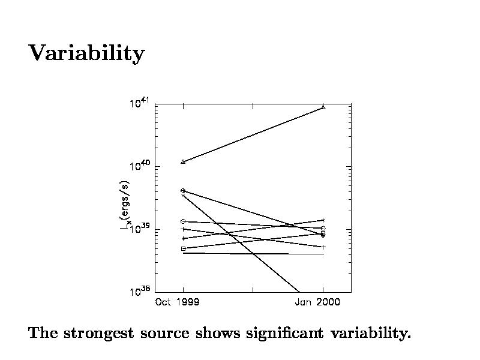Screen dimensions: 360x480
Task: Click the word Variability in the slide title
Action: pyautogui.click(x=86, y=54)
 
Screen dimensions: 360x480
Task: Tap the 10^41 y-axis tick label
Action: pyautogui.click(x=139, y=104)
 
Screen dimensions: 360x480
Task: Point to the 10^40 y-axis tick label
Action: pyautogui.click(x=139, y=166)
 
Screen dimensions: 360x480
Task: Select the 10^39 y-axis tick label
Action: pyautogui.click(x=139, y=229)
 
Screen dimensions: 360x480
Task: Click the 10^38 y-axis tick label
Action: pyautogui.click(x=139, y=292)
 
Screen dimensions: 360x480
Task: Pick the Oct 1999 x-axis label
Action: pyautogui.click(x=177, y=302)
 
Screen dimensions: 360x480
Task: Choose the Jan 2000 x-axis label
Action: pyautogui.click(x=317, y=302)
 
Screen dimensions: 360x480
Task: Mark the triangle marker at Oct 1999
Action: pyautogui.click(x=183, y=161)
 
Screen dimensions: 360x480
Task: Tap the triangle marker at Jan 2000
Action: pyautogui.click(x=323, y=107)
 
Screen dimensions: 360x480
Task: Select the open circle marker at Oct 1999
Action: pyautogui.click(x=182, y=221)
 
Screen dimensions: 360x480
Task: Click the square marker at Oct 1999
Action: pyautogui.click(x=183, y=248)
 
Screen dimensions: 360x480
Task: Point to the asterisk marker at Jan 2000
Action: pyautogui.click(x=323, y=220)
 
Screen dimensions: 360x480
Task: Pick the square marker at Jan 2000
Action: pyautogui.click(x=323, y=233)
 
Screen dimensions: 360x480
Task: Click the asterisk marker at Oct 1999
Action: pyautogui.click(x=183, y=238)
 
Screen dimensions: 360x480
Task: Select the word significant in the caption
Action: pyautogui.click(x=281, y=334)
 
